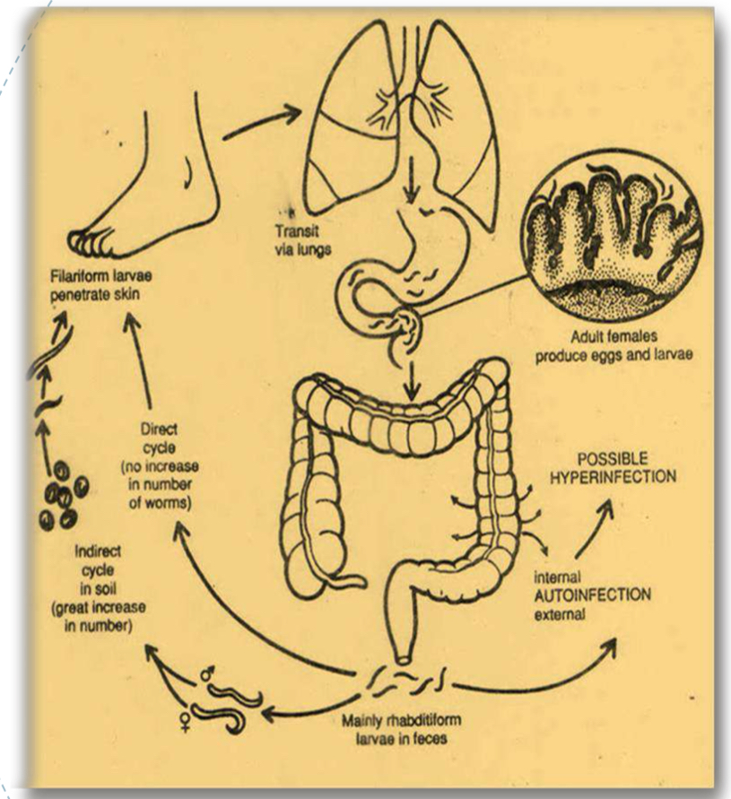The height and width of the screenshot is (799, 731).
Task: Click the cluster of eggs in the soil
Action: click(x=64, y=494)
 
